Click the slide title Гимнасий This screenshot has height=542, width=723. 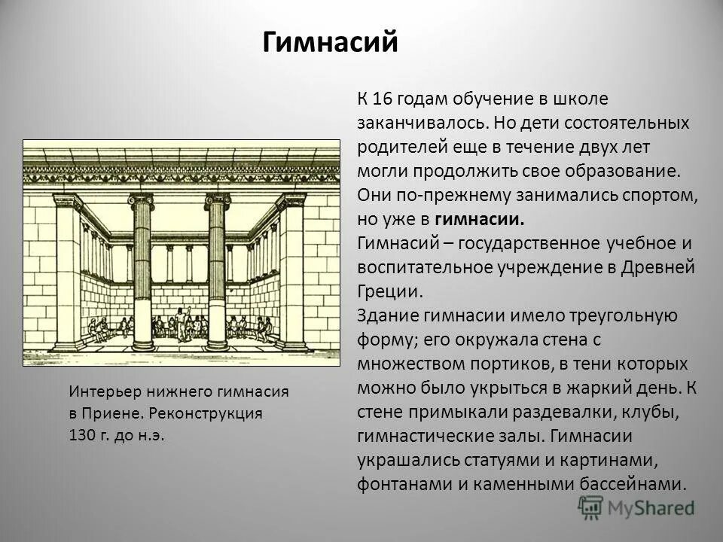coord(330,41)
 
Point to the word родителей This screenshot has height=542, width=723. coord(398,146)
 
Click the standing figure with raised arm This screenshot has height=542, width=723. coord(180,319)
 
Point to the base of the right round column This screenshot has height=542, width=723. coord(217,345)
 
